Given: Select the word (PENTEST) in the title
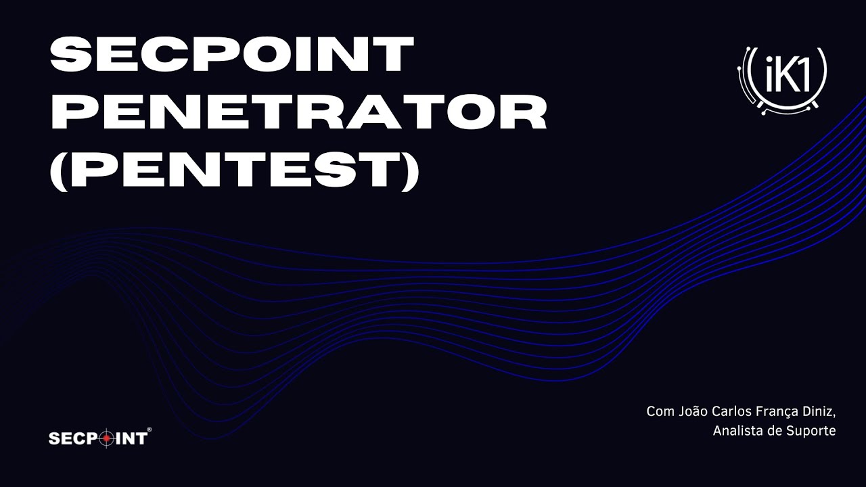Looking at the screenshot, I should [235, 169].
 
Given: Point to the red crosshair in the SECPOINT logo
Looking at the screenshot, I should [105, 439].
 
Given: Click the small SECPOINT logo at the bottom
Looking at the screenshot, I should [98, 439].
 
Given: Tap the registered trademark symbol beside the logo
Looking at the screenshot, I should [150, 430].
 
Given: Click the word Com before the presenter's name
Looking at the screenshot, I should [660, 411].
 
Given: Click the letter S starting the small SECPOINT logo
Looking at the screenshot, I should [53, 439].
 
